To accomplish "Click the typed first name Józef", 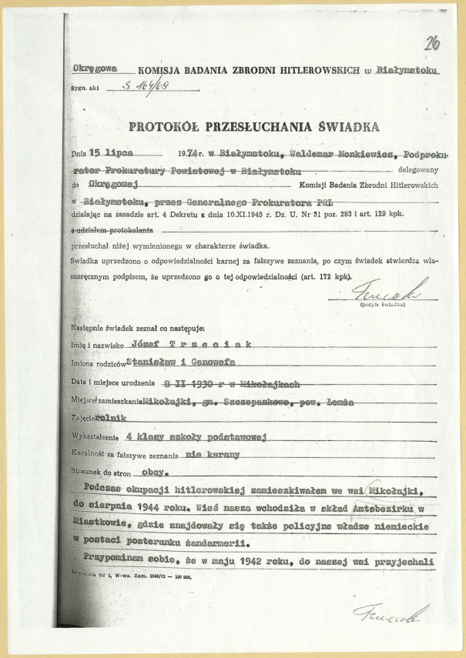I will coord(148,344).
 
